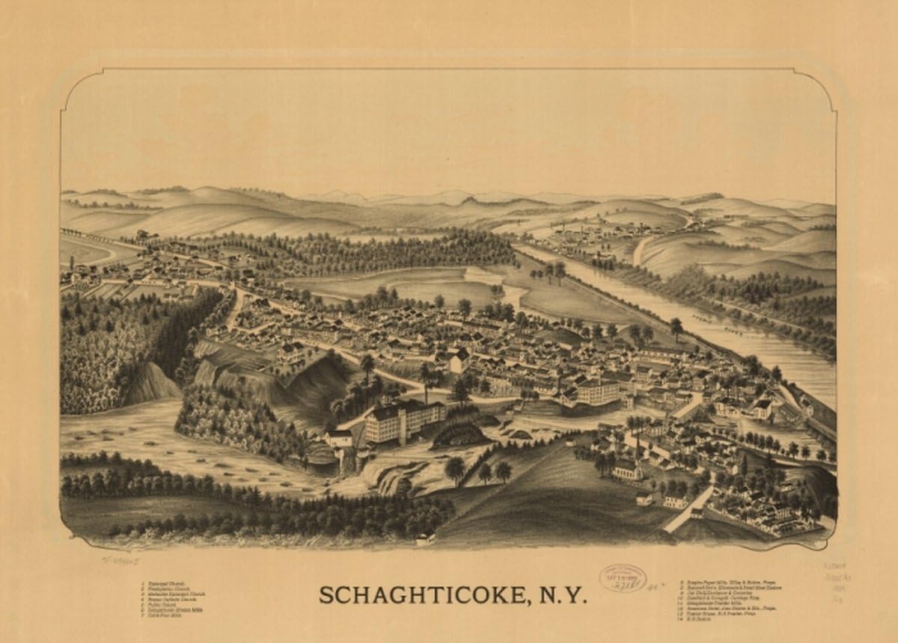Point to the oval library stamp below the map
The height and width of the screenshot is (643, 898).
pos(622,578)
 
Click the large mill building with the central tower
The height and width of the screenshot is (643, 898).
pos(404,422)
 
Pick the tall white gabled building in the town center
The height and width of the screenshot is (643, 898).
pos(459,362)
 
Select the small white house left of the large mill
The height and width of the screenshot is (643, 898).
pos(340,437)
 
